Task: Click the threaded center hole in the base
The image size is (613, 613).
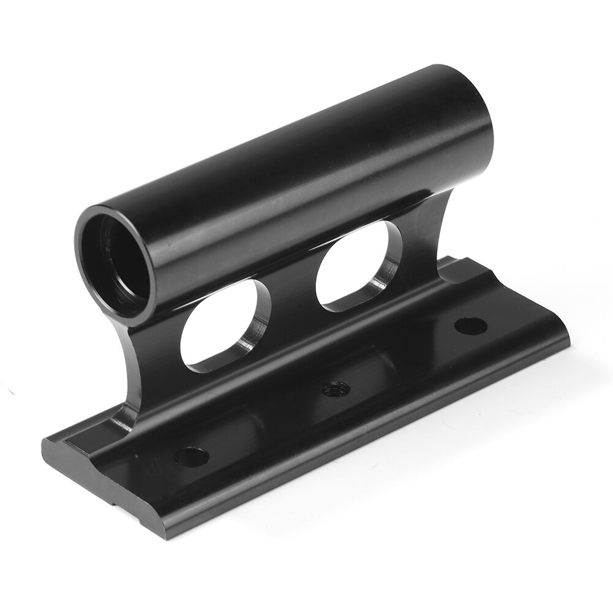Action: tap(336, 388)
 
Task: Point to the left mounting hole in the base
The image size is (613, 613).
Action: tap(191, 456)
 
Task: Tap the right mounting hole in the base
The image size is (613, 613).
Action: tap(471, 325)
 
